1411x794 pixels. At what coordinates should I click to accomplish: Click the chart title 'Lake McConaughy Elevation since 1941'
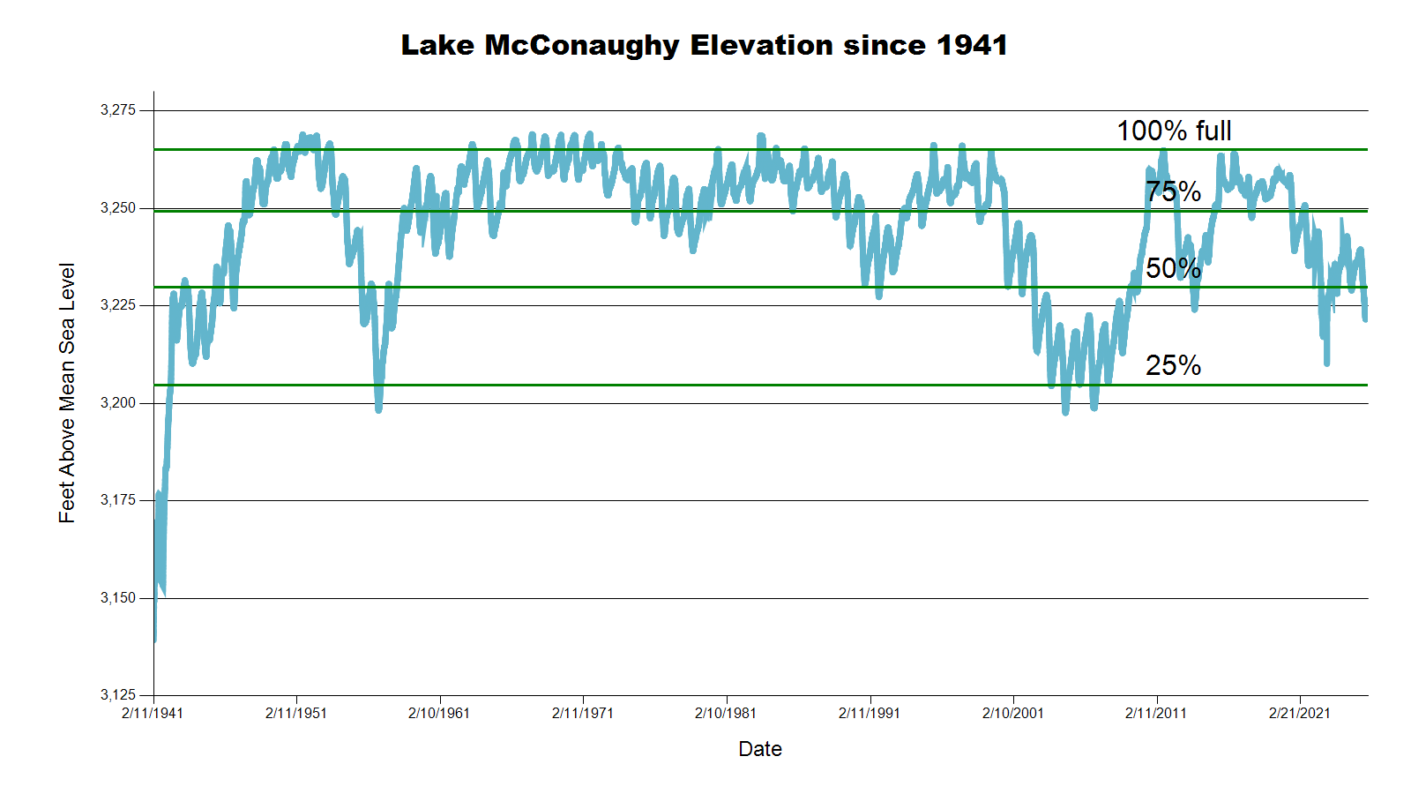[704, 45]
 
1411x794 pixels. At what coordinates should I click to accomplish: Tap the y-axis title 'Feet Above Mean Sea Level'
[67, 393]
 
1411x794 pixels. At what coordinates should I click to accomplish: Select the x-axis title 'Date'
[760, 749]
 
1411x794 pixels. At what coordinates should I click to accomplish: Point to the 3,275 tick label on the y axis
[118, 110]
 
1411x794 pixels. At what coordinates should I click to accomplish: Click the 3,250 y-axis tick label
[118, 208]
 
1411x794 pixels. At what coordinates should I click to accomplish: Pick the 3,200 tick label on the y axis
[118, 403]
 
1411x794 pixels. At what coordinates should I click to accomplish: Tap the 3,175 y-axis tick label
[118, 500]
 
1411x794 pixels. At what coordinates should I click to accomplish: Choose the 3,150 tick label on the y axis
[118, 598]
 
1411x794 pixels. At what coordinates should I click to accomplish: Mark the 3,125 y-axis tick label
[118, 695]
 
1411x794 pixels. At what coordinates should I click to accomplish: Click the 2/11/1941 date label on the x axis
[153, 713]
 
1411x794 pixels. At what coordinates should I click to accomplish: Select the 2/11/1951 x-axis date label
[296, 713]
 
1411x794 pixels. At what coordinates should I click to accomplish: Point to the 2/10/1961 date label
[439, 713]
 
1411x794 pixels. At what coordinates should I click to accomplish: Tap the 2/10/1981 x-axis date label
[726, 713]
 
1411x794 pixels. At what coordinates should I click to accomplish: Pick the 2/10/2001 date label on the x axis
[1013, 713]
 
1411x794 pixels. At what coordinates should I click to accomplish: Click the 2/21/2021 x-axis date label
[1300, 713]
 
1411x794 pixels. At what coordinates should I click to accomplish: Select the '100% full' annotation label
[1174, 131]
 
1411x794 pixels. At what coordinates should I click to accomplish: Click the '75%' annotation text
[1173, 191]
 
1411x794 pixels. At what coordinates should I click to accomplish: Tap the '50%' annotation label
[1173, 268]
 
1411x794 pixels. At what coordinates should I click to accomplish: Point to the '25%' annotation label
[1173, 365]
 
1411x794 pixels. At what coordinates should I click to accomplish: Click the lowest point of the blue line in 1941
[154, 640]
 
